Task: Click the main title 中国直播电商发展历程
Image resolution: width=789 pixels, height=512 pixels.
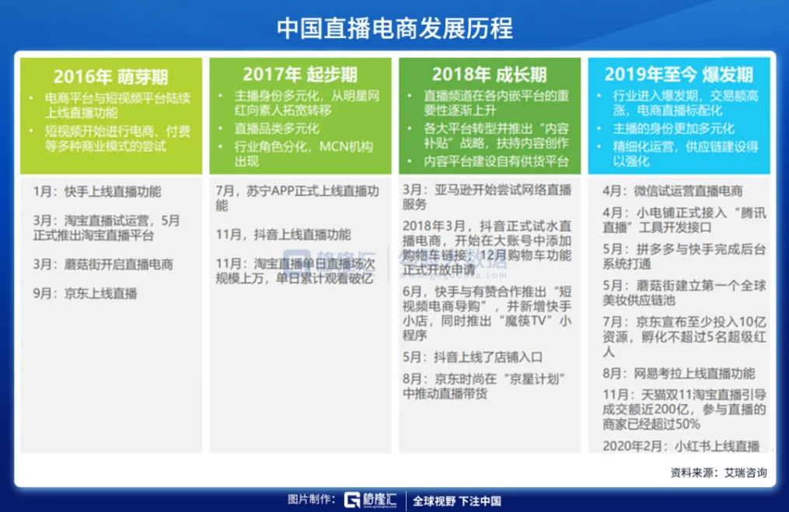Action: pyautogui.click(x=395, y=28)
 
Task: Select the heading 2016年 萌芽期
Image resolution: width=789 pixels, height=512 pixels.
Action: pyautogui.click(x=110, y=77)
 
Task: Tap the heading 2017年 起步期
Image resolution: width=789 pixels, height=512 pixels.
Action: pyautogui.click(x=300, y=75)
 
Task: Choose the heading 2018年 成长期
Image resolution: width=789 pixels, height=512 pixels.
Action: pyautogui.click(x=489, y=75)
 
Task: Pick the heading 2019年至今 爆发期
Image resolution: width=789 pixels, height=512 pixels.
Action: pyautogui.click(x=679, y=75)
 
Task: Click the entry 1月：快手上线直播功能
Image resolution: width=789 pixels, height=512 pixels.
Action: pyautogui.click(x=97, y=192)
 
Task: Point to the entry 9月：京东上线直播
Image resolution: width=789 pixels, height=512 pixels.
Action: pyautogui.click(x=85, y=293)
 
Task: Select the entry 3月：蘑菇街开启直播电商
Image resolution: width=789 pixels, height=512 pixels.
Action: pyautogui.click(x=103, y=265)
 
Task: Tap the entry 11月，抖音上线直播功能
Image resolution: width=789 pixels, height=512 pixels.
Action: pyautogui.click(x=283, y=235)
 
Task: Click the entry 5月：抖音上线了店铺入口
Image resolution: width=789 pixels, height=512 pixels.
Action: pyautogui.click(x=473, y=357)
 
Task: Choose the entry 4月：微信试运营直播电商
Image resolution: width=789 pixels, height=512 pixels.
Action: pyautogui.click(x=672, y=191)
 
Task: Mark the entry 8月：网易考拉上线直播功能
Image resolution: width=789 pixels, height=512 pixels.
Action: pyautogui.click(x=679, y=373)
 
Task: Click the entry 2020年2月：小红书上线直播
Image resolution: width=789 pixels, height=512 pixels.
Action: pyautogui.click(x=681, y=446)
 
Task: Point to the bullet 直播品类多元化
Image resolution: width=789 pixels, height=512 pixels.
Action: pyautogui.click(x=277, y=128)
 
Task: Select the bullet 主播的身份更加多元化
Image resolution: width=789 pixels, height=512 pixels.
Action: pyautogui.click(x=673, y=128)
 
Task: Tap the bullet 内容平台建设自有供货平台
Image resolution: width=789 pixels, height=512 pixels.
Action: pyautogui.click(x=496, y=161)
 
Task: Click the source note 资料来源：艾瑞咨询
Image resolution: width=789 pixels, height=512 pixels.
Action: pyautogui.click(x=718, y=473)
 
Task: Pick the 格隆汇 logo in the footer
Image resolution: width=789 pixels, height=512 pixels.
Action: pyautogui.click(x=370, y=500)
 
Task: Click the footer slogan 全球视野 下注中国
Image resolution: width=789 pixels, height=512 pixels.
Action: pyautogui.click(x=457, y=501)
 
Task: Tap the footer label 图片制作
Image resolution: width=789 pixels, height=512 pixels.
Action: pyautogui.click(x=311, y=500)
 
